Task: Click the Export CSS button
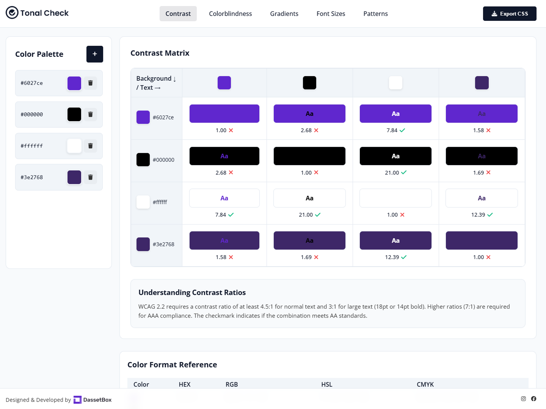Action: tap(509, 14)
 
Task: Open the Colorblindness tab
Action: tap(230, 14)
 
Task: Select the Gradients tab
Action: tap(284, 14)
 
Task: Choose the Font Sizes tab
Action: tap(331, 14)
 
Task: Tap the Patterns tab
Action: tap(375, 14)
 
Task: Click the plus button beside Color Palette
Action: tap(95, 54)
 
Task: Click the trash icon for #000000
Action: tap(90, 114)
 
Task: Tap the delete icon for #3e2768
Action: tap(90, 177)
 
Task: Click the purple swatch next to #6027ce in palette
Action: tap(74, 83)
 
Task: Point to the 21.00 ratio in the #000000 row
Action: tap(392, 173)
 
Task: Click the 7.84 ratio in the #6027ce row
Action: tap(392, 130)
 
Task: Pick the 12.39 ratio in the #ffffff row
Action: tap(478, 215)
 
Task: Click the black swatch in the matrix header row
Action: tap(309, 83)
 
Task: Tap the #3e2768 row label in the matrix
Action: tap(163, 244)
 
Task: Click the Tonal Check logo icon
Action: tap(12, 13)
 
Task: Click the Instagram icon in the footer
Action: tap(523, 399)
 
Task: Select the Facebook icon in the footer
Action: tap(533, 399)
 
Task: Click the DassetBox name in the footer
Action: tap(97, 400)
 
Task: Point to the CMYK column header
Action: tap(425, 384)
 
